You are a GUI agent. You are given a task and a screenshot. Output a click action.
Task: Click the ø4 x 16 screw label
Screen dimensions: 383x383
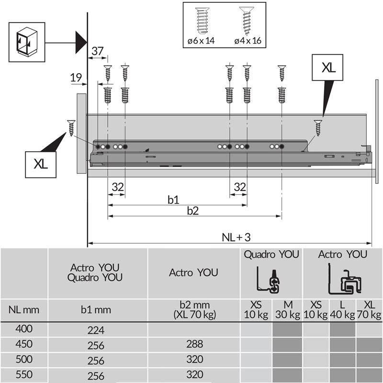[x=248, y=41]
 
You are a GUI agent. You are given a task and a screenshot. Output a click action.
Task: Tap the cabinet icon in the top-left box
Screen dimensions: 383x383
[x=27, y=42]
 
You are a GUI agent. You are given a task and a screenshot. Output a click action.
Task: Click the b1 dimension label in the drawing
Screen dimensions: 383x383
[x=173, y=199]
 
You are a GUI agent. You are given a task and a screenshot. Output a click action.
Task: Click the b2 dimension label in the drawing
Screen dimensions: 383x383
[x=192, y=211]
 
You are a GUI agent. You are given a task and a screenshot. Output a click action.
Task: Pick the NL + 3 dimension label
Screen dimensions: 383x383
[x=236, y=237]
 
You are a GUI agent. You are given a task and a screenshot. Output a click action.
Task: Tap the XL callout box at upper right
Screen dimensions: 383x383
[x=328, y=68]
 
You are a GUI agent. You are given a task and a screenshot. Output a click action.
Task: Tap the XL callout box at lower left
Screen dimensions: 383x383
[x=41, y=163]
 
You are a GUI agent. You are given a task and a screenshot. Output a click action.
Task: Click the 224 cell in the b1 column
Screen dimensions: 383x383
[x=96, y=330]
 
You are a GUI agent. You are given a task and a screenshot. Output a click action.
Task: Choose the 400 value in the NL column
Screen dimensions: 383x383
[x=24, y=329]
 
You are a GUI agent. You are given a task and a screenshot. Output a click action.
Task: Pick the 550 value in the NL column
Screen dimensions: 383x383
[x=24, y=375]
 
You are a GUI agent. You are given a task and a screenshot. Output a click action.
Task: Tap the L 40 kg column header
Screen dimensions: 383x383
[x=342, y=310]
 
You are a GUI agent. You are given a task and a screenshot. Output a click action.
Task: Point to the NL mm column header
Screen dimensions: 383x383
[x=24, y=310]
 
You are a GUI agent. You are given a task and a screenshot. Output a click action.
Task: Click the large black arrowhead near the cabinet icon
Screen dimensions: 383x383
[x=80, y=42]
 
